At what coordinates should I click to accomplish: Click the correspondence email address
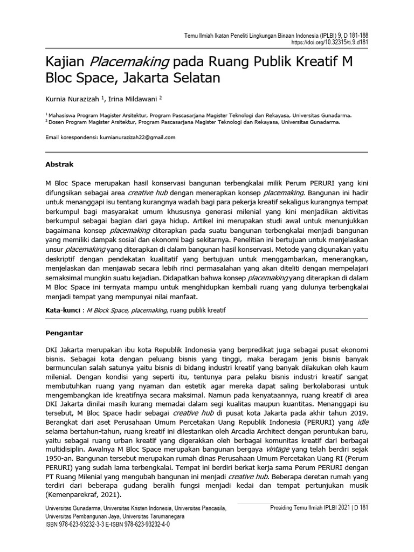pos(137,137)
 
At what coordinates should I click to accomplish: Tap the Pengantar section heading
pos(64,333)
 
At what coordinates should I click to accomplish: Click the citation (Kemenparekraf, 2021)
pos(83,495)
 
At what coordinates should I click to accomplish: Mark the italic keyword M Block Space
pos(108,312)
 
